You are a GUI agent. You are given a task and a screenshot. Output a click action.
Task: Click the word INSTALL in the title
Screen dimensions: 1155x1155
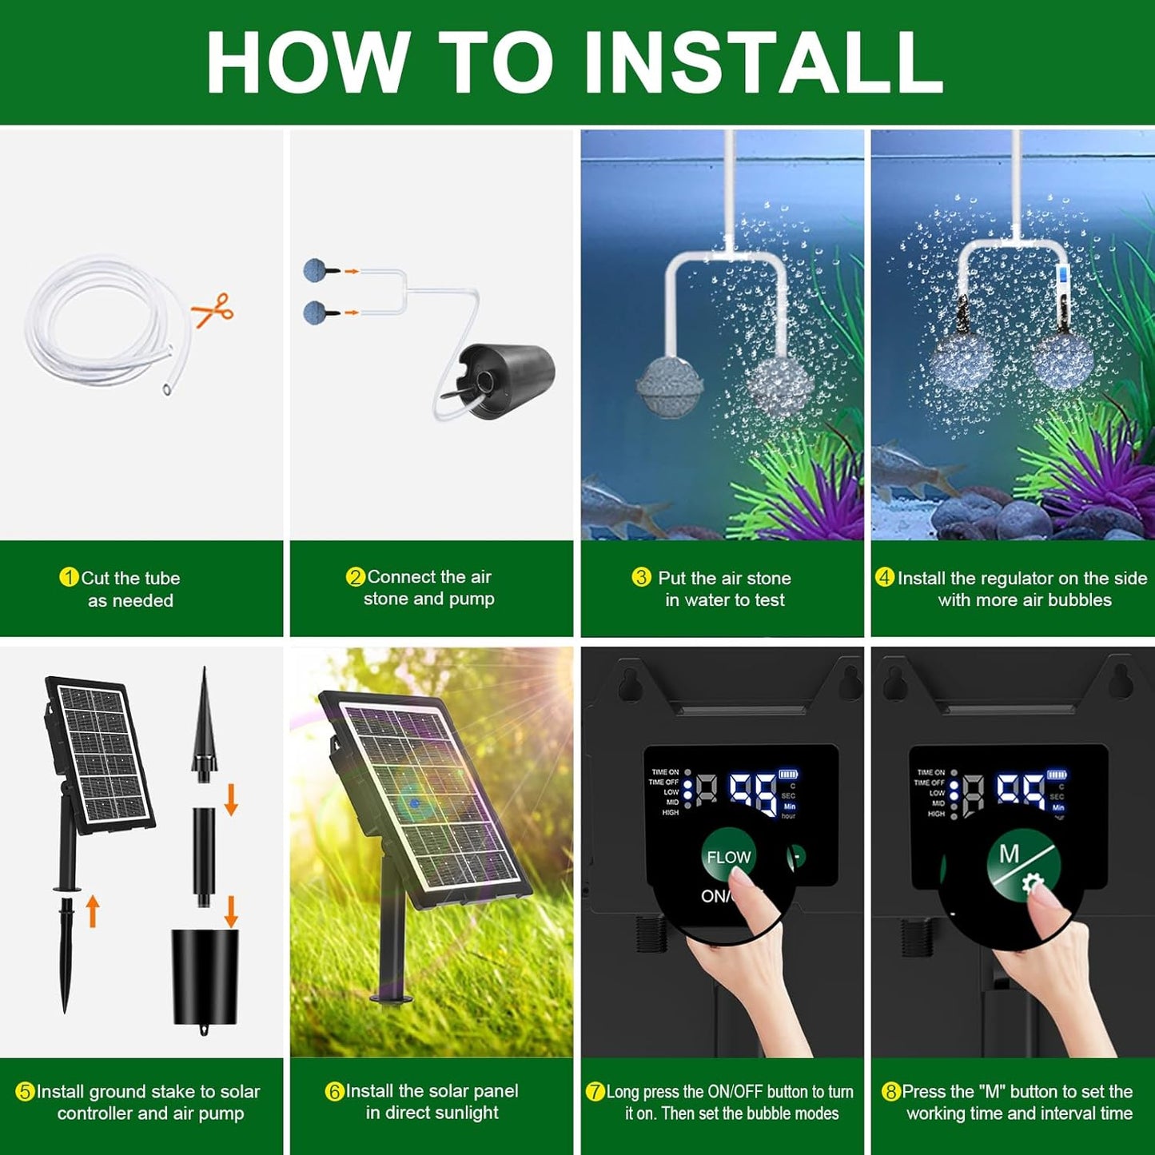[763, 62]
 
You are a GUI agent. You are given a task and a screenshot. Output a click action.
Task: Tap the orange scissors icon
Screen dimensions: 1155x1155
[213, 310]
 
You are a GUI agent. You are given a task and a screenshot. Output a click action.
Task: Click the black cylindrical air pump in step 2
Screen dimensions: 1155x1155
[508, 380]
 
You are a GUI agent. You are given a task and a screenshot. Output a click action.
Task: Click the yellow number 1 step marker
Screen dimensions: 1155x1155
[70, 577]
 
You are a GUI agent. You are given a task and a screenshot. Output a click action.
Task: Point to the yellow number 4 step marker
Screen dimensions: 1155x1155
[885, 577]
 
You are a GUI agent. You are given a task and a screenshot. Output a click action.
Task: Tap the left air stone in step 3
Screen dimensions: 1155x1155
[670, 386]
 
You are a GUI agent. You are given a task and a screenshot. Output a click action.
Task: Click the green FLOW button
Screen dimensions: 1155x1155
[728, 857]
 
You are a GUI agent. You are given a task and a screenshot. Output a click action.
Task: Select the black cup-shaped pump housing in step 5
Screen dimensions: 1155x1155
[205, 977]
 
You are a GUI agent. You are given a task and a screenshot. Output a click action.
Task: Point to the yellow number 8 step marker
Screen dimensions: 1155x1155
[891, 1091]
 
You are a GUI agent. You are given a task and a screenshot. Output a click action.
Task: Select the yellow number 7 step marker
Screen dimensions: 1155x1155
[595, 1091]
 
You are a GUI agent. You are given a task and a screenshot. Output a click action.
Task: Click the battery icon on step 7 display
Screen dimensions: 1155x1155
[788, 775]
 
